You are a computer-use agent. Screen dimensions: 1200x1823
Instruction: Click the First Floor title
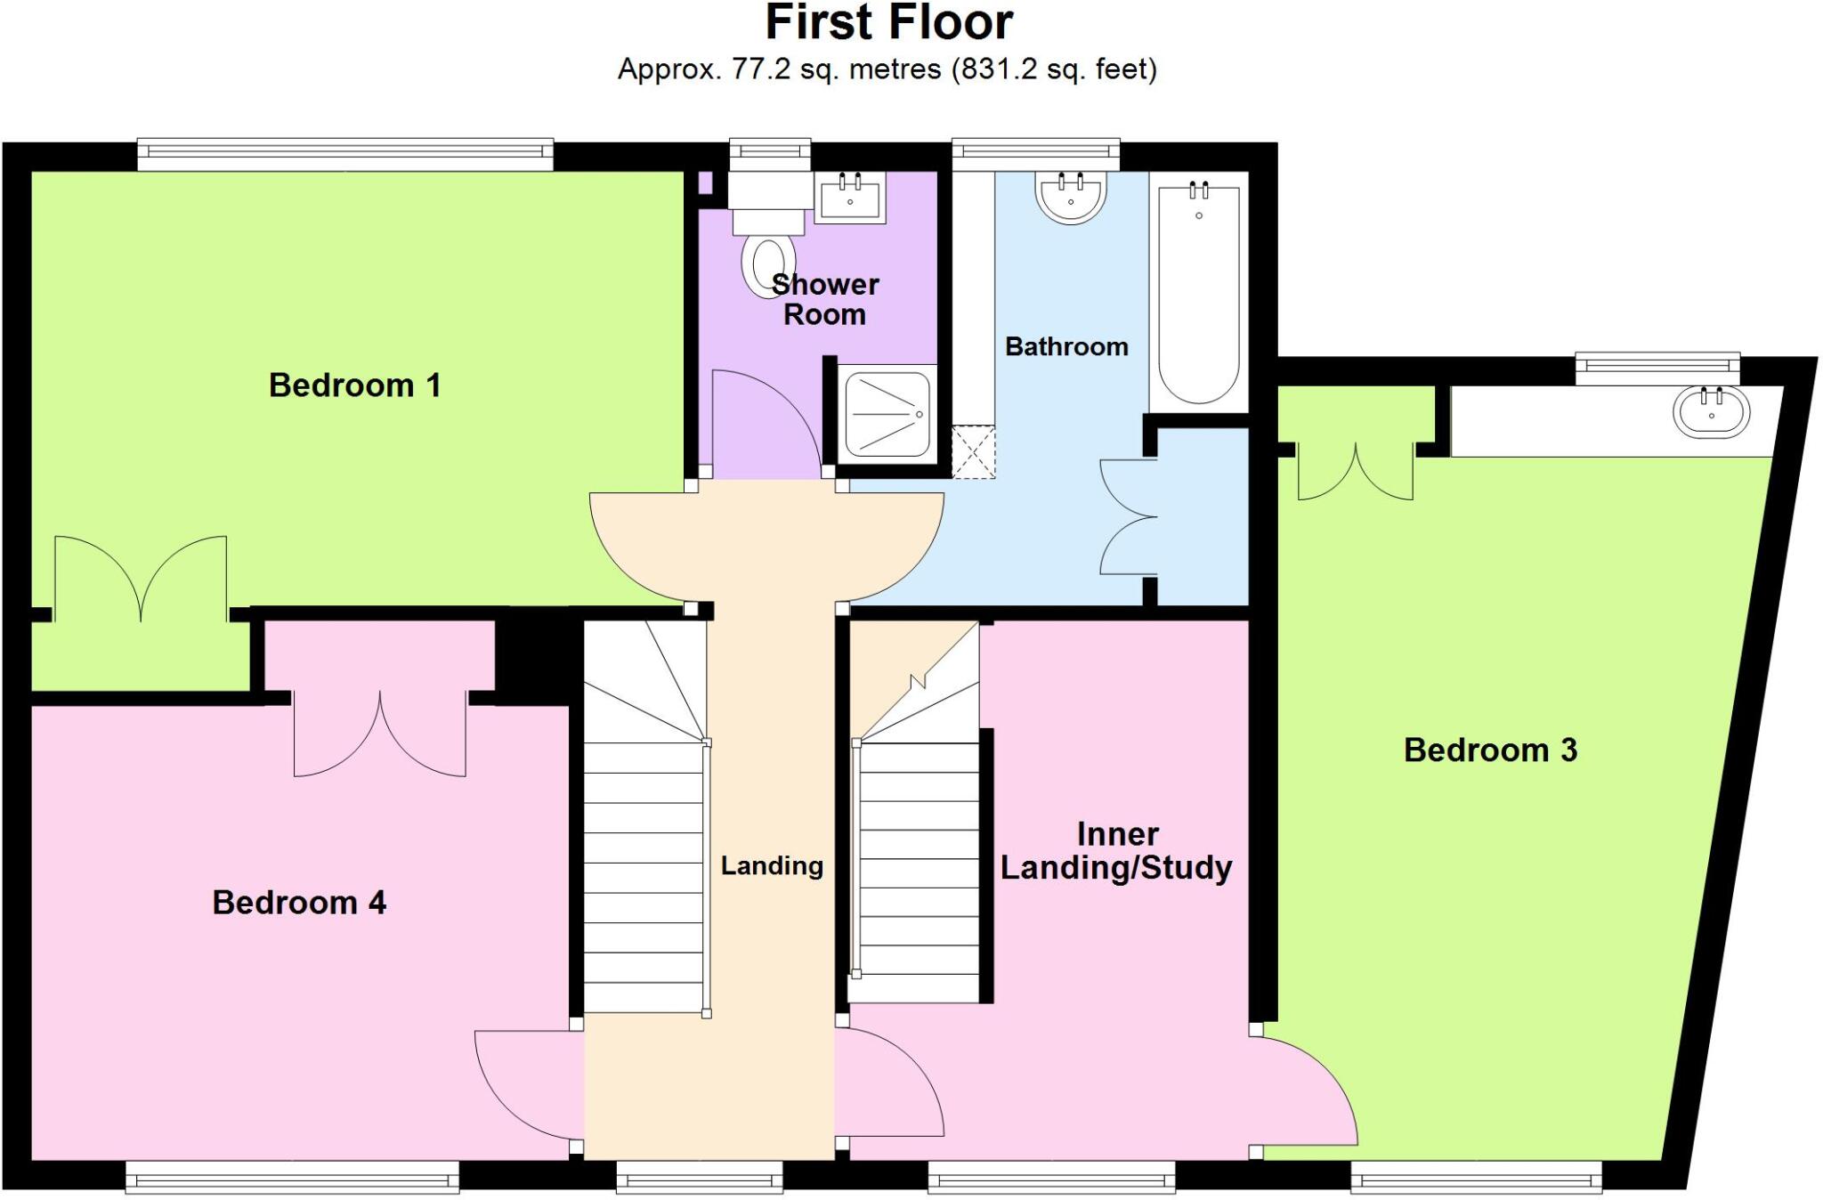point(888,22)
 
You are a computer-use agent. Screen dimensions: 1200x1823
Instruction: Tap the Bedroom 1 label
point(354,385)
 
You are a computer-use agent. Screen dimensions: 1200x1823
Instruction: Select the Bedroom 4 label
point(298,903)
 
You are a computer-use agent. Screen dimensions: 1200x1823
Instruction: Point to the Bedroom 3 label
point(1490,750)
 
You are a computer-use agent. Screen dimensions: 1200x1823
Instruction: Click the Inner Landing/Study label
point(1116,851)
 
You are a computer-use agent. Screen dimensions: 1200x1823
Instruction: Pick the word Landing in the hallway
point(771,865)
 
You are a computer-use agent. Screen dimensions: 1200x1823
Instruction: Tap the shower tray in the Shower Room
point(887,414)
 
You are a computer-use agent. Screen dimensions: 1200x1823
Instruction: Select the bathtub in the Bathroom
point(1198,294)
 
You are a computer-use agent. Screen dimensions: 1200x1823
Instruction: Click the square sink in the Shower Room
point(850,199)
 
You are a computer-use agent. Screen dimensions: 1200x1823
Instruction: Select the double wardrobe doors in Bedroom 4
point(380,734)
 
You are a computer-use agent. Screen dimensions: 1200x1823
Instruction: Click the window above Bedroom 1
point(345,154)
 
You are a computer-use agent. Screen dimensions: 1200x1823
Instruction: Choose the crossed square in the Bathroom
point(973,452)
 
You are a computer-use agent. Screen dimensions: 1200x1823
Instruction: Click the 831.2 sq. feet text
point(1055,69)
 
